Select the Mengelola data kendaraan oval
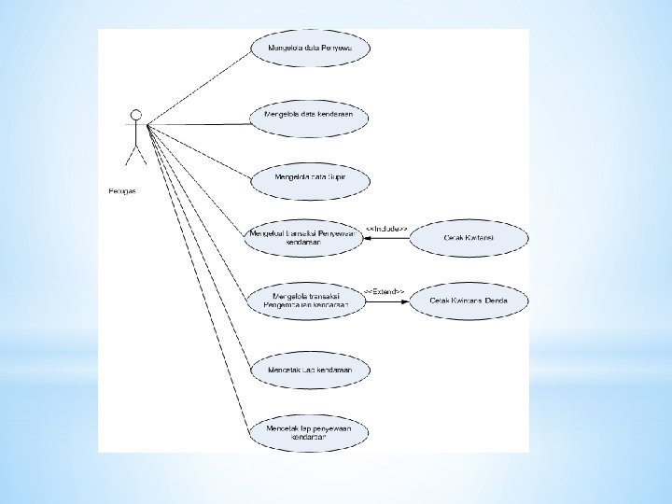coord(309,115)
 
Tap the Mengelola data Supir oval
coord(309,176)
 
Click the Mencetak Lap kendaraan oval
coord(308,370)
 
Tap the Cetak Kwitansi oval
coord(468,238)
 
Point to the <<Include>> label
coord(385,229)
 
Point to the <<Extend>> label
coord(384,291)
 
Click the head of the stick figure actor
coord(136,115)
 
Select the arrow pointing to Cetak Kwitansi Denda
coord(386,300)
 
